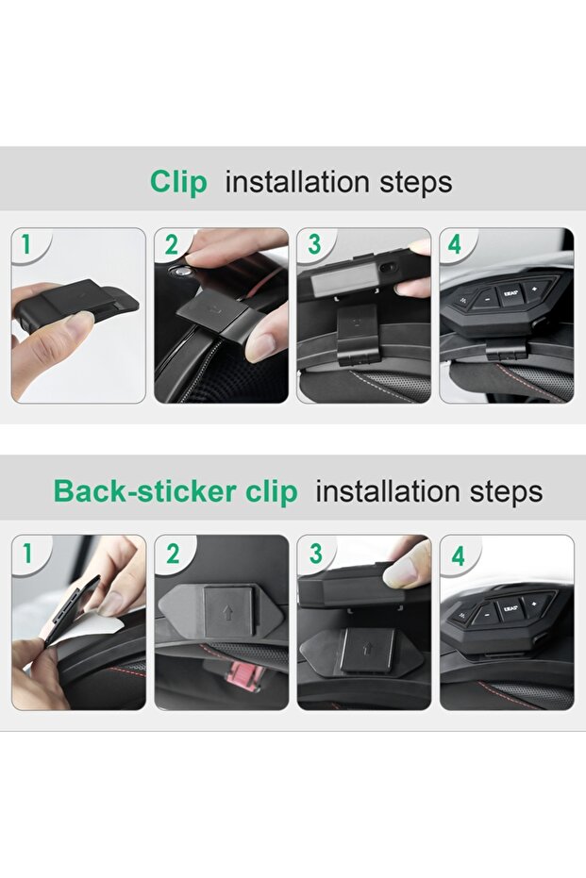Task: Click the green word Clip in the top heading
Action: coord(178,183)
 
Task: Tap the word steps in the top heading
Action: coord(416,183)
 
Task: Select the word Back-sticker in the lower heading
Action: coord(144,491)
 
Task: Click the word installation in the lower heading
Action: coord(388,491)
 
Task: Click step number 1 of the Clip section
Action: coord(25,244)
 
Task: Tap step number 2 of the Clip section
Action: coord(171,244)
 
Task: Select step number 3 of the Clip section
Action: coord(314,244)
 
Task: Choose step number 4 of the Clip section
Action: coord(454,244)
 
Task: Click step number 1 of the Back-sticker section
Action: coord(26,554)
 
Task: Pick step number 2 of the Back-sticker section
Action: coord(173,555)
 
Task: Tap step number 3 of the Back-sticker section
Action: coord(316,554)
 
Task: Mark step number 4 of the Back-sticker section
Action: coord(459,556)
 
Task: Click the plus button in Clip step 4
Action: coord(534,290)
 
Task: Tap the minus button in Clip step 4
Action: coord(488,299)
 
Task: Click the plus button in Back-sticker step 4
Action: coord(534,603)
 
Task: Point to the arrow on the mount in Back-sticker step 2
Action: coord(227,614)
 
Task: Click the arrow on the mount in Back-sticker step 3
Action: coord(367,650)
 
